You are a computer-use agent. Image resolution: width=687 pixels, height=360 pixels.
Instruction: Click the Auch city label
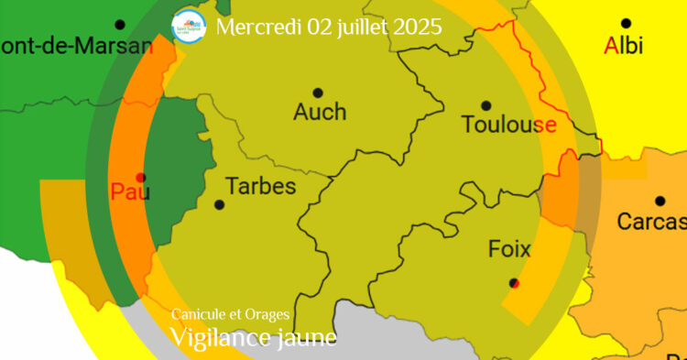pyautogui.click(x=320, y=112)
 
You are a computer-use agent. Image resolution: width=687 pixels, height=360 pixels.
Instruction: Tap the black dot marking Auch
pyautogui.click(x=318, y=93)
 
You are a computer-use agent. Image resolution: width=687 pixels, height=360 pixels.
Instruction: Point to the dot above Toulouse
pyautogui.click(x=485, y=105)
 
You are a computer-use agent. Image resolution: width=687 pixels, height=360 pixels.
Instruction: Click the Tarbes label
pyautogui.click(x=261, y=186)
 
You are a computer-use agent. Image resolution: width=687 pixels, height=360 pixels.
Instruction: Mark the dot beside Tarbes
pyautogui.click(x=219, y=204)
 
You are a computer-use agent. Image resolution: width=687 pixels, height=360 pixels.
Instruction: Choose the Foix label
pyautogui.click(x=509, y=248)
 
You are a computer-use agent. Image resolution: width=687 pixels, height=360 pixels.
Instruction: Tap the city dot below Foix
pyautogui.click(x=514, y=283)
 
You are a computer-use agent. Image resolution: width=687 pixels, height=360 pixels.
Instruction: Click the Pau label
pyautogui.click(x=130, y=191)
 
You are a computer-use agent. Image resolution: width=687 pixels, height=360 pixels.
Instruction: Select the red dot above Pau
pyautogui.click(x=140, y=177)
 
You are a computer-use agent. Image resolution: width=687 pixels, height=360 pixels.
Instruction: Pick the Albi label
pyautogui.click(x=624, y=44)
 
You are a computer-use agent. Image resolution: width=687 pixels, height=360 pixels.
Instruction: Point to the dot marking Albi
pyautogui.click(x=626, y=24)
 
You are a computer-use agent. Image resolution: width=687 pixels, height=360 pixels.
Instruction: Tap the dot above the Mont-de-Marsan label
pyautogui.click(x=119, y=25)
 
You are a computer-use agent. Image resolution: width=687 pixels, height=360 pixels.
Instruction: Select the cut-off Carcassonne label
pyautogui.click(x=651, y=221)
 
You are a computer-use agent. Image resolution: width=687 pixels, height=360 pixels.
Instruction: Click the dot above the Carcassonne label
pyautogui.click(x=660, y=201)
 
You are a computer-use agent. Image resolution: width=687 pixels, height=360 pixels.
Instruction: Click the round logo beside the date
pyautogui.click(x=189, y=25)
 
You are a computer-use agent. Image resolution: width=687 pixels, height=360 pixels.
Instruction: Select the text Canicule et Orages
pyautogui.click(x=230, y=315)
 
